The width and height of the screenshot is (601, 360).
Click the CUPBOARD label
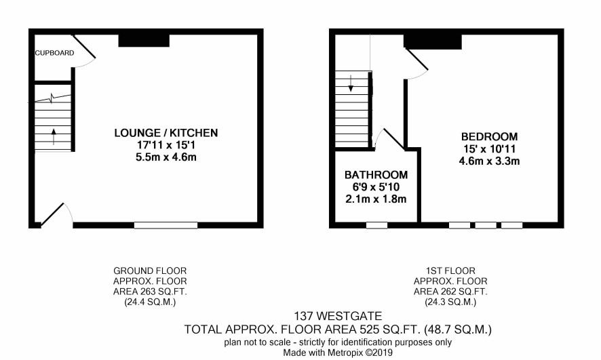[54, 53]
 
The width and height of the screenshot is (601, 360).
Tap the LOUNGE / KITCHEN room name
[166, 133]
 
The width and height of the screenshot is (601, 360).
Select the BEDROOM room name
[489, 137]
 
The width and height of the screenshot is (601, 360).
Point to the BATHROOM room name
[376, 175]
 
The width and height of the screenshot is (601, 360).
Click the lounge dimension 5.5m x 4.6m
[166, 157]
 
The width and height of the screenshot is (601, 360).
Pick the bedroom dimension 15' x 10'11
[489, 149]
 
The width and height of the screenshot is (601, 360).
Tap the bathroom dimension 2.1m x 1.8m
[376, 199]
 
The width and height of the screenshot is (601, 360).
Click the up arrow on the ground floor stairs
[54, 137]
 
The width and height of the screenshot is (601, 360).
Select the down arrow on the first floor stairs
[351, 83]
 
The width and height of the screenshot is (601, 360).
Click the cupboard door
[83, 47]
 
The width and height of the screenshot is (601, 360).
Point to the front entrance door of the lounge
[52, 214]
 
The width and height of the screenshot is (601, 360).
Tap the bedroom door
[416, 60]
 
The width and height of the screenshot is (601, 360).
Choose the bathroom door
[393, 138]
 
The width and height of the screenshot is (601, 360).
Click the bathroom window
[376, 225]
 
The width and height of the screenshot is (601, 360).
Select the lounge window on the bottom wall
[166, 225]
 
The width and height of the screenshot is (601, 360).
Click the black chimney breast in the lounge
[144, 41]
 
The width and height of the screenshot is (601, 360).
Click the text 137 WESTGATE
[338, 317]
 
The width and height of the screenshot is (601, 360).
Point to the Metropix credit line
[338, 353]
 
